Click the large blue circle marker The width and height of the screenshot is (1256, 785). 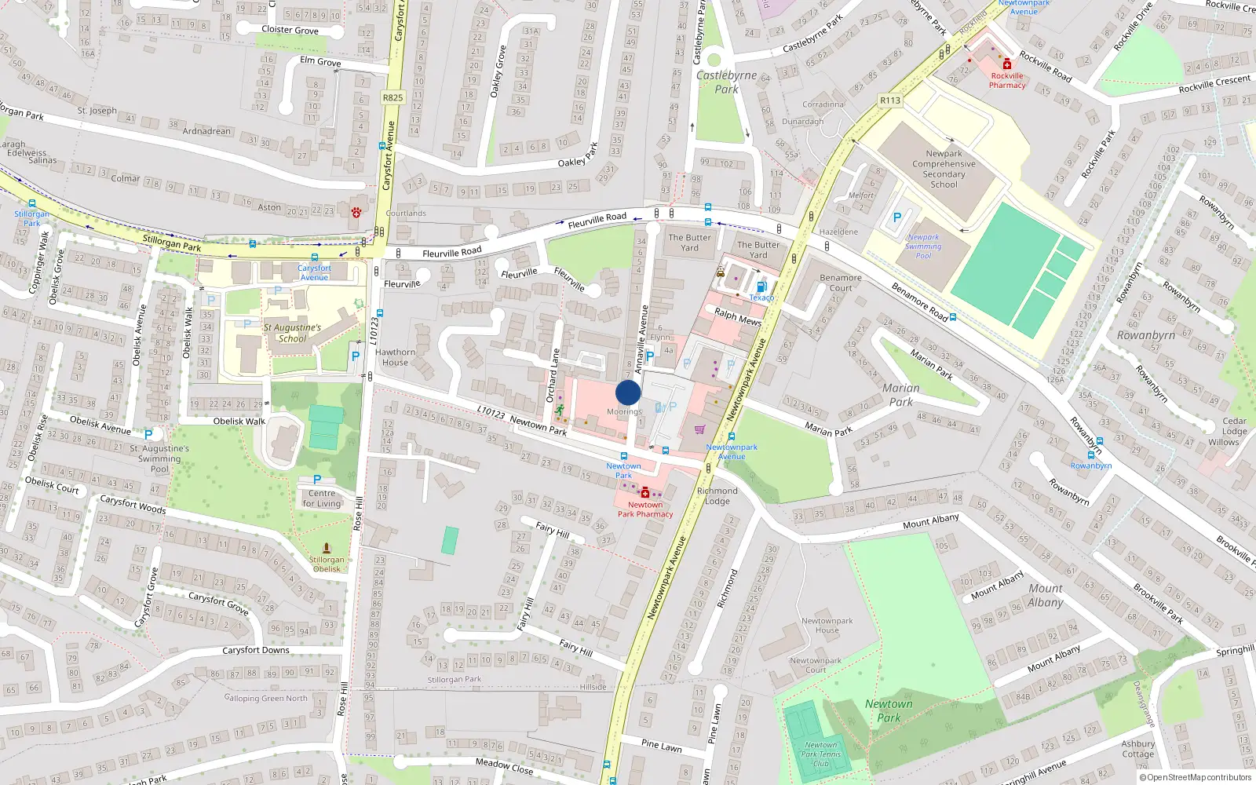tap(628, 392)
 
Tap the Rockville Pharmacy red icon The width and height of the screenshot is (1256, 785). tap(1007, 64)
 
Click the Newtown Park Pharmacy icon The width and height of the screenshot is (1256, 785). tap(645, 493)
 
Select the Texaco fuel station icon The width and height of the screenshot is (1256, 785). tap(760, 287)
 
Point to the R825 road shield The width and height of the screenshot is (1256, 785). tap(392, 97)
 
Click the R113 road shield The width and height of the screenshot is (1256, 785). tap(889, 100)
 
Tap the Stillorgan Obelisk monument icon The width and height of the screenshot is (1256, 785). tap(327, 548)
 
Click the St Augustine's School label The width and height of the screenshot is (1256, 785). tap(292, 333)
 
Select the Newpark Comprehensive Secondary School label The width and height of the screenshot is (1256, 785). tap(944, 169)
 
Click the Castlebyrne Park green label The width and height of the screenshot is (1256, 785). tap(726, 82)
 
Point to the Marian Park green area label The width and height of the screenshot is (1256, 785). tap(900, 394)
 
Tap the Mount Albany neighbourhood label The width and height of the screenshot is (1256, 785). tap(1046, 595)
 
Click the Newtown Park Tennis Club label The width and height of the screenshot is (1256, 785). tap(820, 754)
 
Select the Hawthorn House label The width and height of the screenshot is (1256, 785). tap(395, 357)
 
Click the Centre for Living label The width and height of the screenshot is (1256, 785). tap(322, 498)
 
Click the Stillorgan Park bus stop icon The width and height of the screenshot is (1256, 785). tap(31, 203)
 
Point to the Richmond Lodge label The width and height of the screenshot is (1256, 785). tap(717, 495)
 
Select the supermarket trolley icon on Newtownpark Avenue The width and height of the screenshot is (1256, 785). tap(699, 429)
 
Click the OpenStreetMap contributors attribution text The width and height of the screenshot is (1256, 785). tap(1195, 777)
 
